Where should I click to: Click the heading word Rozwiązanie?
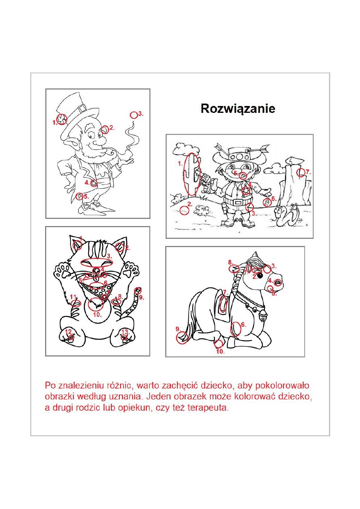click(x=238, y=109)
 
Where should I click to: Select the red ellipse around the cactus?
click(x=191, y=174)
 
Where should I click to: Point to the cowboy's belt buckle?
click(x=238, y=202)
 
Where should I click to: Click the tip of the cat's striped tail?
click(x=138, y=291)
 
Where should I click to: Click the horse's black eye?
click(x=260, y=275)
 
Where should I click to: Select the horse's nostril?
click(x=277, y=283)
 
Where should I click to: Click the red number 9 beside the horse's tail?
click(x=178, y=329)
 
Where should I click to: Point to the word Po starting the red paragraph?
click(x=50, y=385)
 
